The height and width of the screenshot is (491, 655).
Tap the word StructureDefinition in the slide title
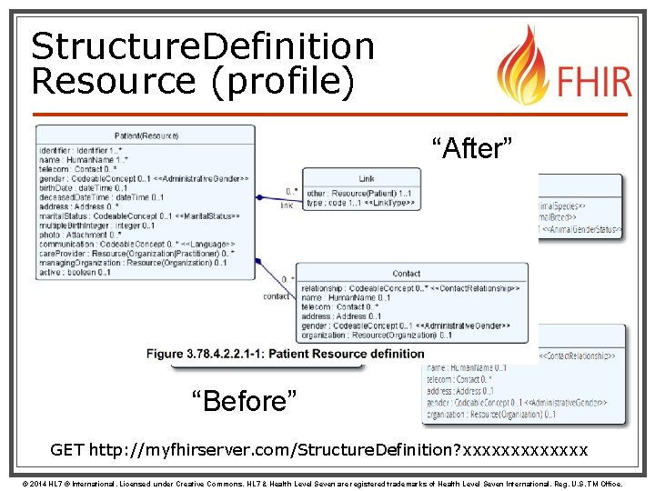(x=202, y=45)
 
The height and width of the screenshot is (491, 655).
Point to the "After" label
(x=472, y=147)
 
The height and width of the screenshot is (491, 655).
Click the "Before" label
(x=243, y=399)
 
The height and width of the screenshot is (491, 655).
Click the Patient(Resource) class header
(x=146, y=136)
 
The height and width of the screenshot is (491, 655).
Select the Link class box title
(x=366, y=179)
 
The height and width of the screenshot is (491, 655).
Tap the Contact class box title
(x=406, y=274)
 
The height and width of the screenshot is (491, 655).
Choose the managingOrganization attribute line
(x=132, y=263)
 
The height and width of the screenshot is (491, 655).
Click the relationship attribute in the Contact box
(x=409, y=289)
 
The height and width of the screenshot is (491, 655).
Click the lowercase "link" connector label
(x=287, y=205)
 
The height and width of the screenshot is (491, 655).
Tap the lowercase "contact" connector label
(x=277, y=296)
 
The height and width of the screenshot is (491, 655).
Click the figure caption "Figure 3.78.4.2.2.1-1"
(x=285, y=353)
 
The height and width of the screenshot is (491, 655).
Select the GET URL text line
(x=318, y=450)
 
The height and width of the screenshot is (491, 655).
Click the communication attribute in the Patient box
(x=136, y=244)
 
